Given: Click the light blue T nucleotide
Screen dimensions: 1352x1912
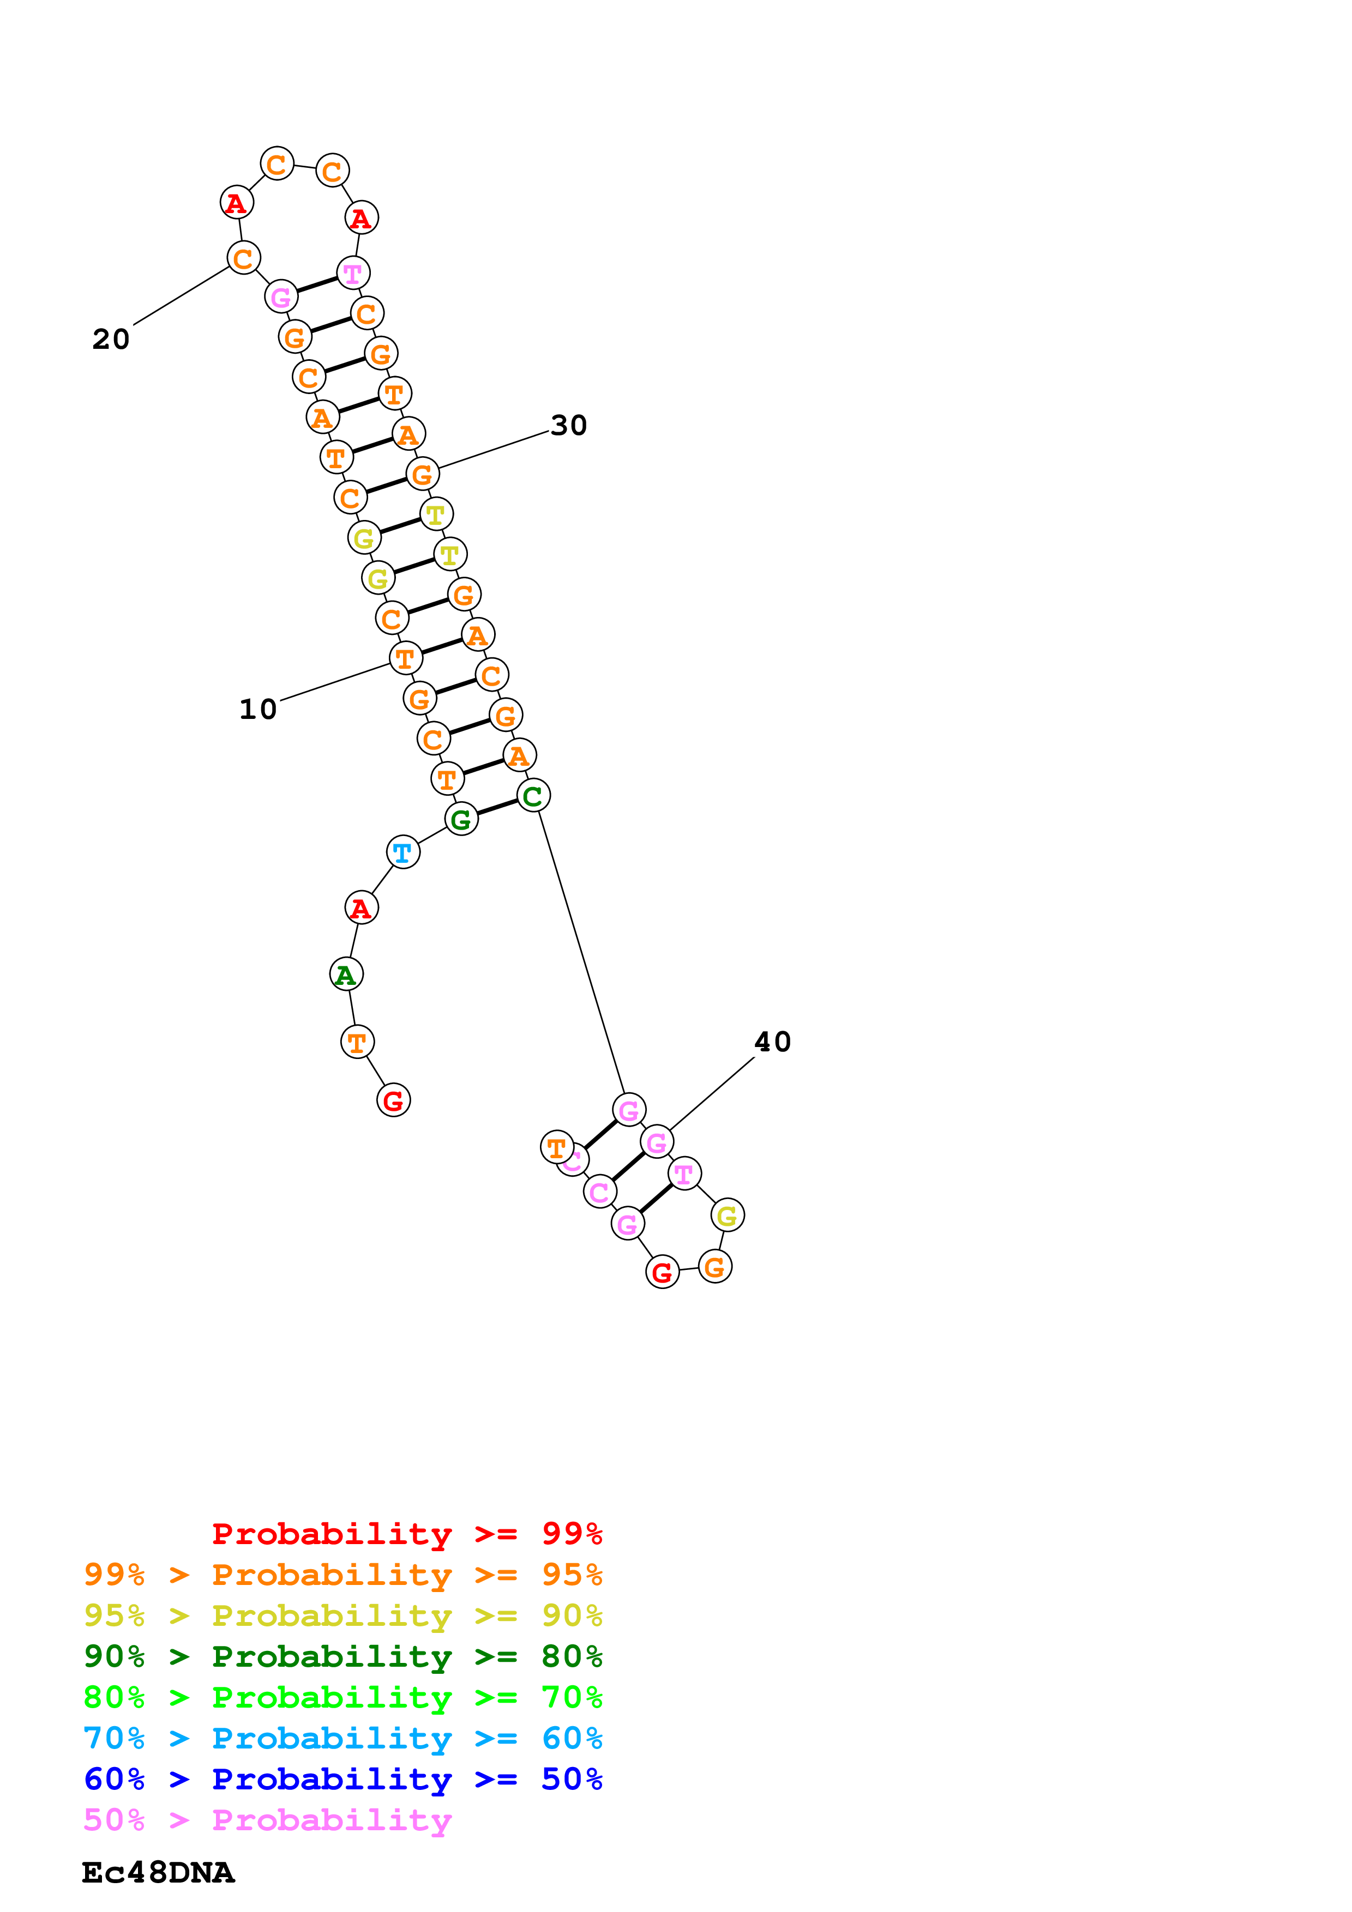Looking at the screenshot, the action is pos(403,852).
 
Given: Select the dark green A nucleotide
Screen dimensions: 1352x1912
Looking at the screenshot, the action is pos(346,975).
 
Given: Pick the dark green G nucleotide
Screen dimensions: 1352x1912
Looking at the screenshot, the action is pos(461,819).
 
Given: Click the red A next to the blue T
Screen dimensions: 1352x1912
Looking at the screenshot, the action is pos(362,907).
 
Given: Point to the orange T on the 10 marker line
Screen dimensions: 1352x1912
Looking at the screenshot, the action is pos(406,658).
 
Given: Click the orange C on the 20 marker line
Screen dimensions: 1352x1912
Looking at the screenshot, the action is pos(243,258).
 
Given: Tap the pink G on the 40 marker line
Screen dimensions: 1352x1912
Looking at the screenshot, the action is pos(657,1142).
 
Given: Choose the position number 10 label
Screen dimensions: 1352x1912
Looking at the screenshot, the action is pos(257,710).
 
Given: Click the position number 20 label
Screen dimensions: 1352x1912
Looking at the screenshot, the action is pos(111,339).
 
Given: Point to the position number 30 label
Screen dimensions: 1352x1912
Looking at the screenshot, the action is pos(569,426).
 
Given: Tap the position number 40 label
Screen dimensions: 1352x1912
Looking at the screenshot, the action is pos(772,1042).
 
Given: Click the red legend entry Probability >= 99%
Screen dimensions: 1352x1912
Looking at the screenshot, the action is pos(406,1533).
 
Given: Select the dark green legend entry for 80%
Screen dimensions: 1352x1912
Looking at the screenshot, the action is pos(342,1656).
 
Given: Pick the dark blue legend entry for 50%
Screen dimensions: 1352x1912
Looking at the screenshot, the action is pos(342,1779).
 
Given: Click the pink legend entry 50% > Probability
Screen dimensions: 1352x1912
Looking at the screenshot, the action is pos(267,1819).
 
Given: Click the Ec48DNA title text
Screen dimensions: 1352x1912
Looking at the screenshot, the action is pos(158,1873).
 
